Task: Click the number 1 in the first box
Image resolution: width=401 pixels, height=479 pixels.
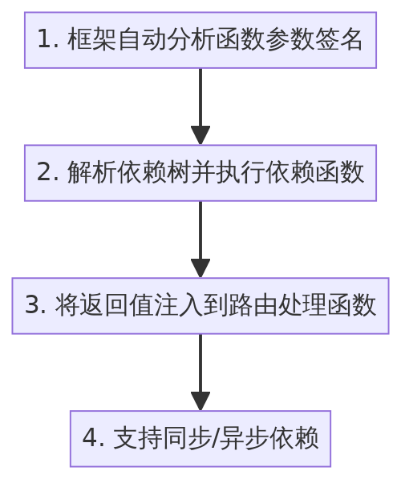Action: (46, 40)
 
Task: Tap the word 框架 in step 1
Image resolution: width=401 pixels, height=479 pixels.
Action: (91, 40)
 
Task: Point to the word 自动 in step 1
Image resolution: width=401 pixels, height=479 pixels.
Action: (141, 40)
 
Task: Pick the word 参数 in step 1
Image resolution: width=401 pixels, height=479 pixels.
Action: (290, 40)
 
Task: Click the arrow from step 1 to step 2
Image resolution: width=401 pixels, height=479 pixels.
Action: (200, 104)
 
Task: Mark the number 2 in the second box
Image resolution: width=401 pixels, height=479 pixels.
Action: (45, 173)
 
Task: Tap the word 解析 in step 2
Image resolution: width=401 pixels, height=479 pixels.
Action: (91, 173)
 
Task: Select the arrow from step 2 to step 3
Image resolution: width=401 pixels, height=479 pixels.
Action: (200, 237)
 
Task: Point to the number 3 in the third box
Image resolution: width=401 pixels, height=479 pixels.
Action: (33, 306)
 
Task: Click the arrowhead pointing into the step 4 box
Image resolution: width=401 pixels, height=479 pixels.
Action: (200, 401)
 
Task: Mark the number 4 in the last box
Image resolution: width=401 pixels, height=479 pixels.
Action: (91, 439)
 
